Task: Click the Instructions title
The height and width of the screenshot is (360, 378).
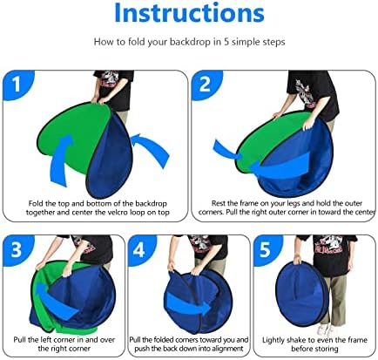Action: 189,12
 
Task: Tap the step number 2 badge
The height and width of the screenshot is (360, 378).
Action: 206,85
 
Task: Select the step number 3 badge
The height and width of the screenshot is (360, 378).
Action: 17,249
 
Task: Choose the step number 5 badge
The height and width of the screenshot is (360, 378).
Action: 265,249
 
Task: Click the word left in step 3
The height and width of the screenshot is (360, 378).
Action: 46,340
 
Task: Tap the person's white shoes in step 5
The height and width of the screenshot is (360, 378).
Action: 326,329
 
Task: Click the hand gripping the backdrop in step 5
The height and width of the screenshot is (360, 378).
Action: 297,259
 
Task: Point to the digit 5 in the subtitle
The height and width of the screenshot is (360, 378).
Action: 226,42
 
